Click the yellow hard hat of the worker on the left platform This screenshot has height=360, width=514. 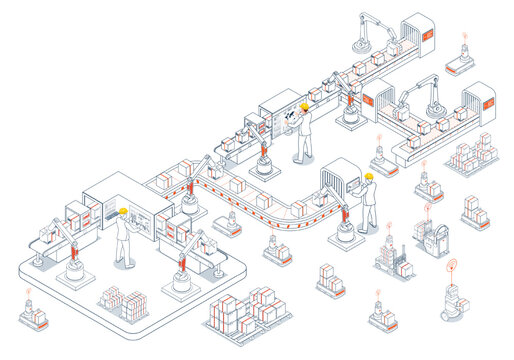pyautogui.click(x=123, y=211)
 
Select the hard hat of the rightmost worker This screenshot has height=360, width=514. pyautogui.click(x=368, y=176)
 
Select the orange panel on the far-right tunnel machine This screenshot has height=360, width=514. pyautogui.click(x=488, y=100)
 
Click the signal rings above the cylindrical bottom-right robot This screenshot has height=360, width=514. pyautogui.click(x=451, y=268)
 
